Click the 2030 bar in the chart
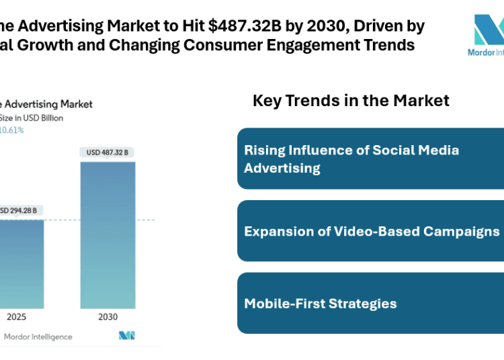pos(108,232)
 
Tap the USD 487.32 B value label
pos(107,152)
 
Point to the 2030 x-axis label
pos(108,316)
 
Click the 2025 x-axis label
pos(17,316)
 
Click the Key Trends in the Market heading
pos(351,101)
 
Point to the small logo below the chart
pos(127,335)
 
